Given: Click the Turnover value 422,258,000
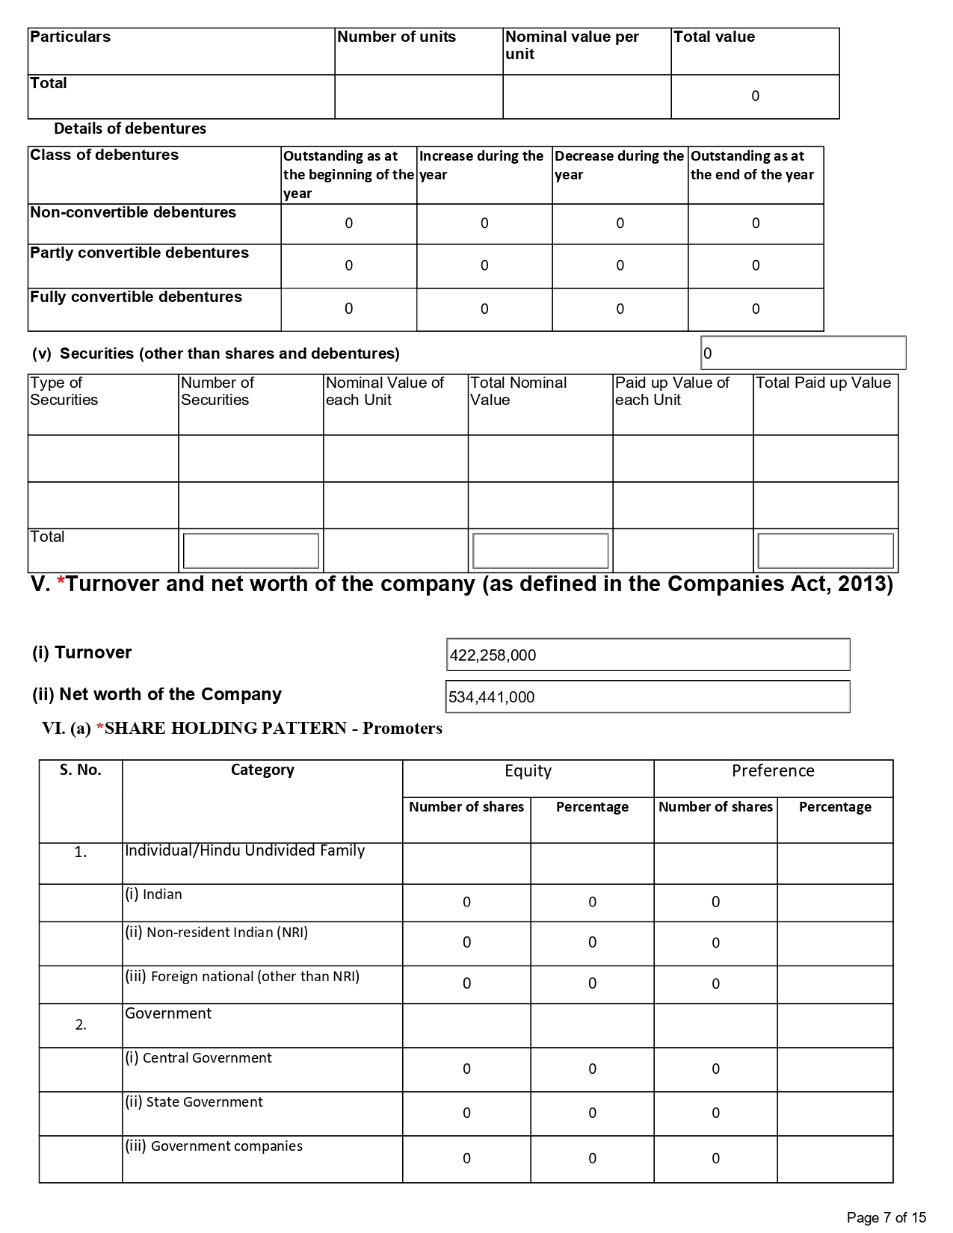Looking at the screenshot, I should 493,655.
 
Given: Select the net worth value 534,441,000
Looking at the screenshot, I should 492,697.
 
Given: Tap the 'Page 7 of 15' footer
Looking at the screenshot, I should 886,1218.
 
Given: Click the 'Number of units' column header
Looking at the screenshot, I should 396,37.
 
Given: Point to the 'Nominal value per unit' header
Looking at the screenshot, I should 572,45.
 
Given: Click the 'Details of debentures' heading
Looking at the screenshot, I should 130,129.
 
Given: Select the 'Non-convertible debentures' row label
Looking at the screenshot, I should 133,212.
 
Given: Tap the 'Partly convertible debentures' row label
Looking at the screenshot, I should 139,253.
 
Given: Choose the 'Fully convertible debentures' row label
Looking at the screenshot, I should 136,297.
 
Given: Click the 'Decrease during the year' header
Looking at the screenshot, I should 619,165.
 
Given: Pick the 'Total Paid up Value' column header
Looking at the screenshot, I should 823,383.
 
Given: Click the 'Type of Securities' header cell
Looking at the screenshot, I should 64,391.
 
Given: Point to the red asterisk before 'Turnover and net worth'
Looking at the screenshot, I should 61,584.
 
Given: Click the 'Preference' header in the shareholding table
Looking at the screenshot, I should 773,771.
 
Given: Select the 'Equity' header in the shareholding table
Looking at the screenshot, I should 528,771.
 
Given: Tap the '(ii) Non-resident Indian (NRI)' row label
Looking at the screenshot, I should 216,932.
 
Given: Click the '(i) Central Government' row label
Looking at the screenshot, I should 198,1057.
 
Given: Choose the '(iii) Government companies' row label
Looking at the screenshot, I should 214,1146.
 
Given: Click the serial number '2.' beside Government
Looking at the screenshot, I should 81,1025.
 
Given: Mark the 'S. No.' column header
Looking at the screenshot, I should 80,770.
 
